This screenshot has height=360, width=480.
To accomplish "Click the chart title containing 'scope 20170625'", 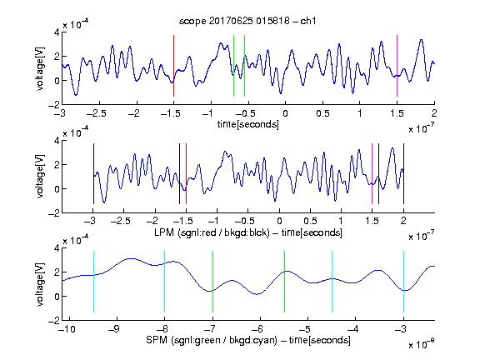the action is [247, 21].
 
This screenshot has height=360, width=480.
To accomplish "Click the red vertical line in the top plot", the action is [173, 66].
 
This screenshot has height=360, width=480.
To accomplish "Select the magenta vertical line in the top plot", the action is [397, 66].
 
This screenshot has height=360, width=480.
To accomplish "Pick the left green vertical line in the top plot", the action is [233, 66].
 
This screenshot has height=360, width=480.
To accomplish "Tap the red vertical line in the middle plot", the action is [186, 173].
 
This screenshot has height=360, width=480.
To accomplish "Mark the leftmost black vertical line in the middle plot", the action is [93, 173].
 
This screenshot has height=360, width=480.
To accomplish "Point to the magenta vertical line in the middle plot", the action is [372, 173].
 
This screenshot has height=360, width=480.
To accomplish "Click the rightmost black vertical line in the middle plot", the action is [403, 173].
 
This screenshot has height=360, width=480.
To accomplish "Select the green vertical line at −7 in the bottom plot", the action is [212, 282].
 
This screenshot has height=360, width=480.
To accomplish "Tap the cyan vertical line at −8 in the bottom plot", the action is [165, 282].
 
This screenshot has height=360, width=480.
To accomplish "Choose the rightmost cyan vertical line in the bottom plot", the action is [403, 282].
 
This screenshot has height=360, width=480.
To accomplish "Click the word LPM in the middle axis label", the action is [164, 232].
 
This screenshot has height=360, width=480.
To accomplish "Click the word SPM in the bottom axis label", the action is [157, 340].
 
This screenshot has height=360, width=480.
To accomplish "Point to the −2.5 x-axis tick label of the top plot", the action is [97, 113].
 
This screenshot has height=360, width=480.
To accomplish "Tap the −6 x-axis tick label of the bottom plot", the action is [257, 329].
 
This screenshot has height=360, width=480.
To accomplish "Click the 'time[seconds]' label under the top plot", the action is [248, 124].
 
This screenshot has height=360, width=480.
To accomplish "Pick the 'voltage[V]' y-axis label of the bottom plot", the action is [40, 284].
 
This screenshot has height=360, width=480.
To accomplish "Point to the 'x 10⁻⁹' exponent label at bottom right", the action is [421, 344].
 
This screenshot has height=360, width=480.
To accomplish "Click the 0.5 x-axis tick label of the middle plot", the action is [310, 222].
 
